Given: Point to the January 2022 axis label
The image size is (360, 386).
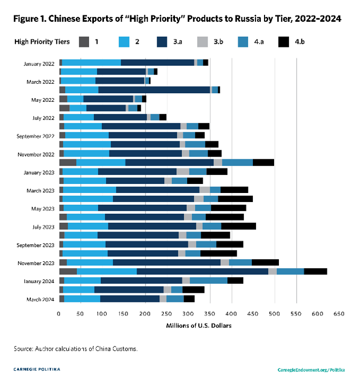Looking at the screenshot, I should pos(39,64).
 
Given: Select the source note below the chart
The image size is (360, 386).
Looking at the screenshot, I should pos(76,349).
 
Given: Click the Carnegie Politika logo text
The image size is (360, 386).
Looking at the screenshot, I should pos(37,369).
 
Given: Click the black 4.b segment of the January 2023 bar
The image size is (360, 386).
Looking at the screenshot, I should pos(217,172).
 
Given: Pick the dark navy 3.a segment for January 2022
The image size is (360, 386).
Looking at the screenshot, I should pos(157,63).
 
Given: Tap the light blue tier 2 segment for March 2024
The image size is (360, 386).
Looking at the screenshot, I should pos(82,299).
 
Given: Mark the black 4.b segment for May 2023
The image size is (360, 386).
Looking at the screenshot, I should pos(228,207).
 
